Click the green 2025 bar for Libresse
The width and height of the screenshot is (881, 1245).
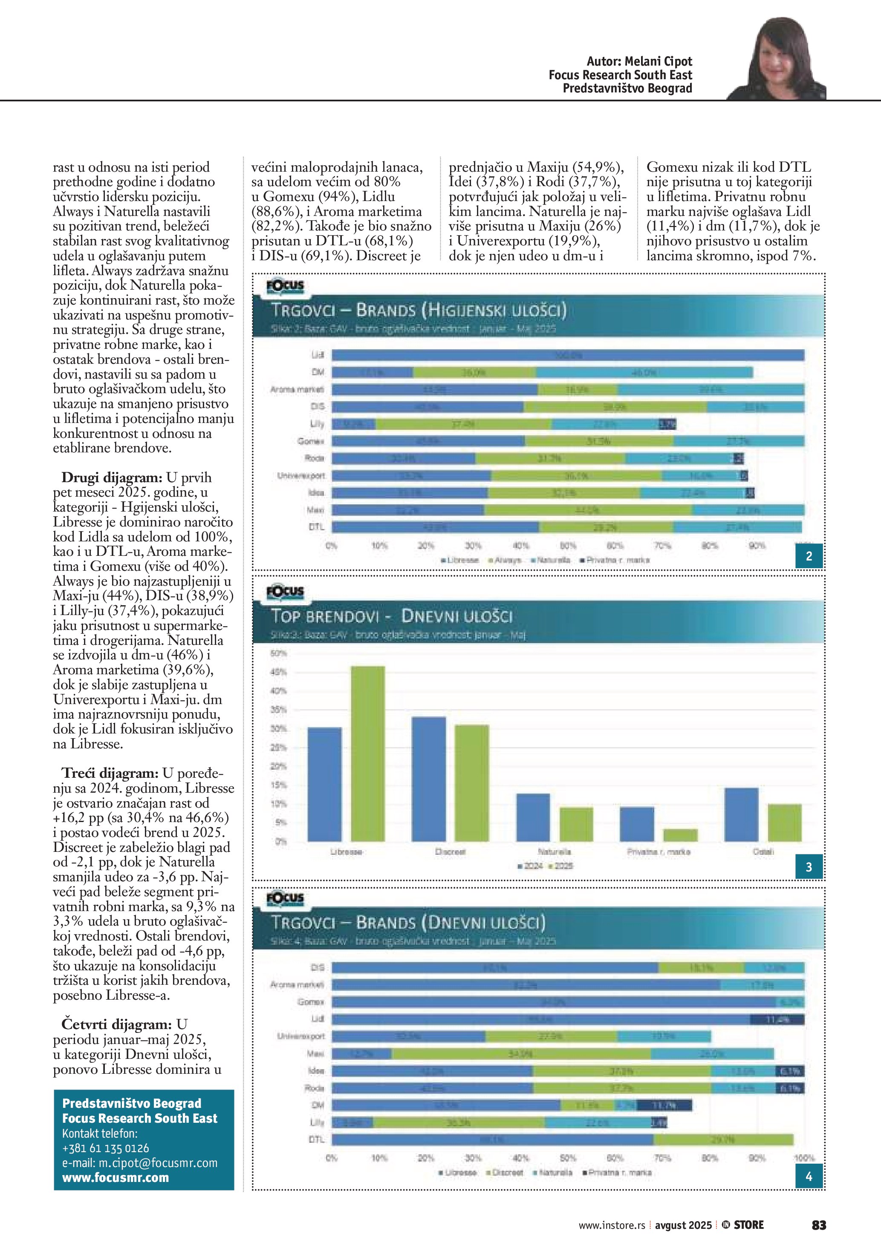click(368, 754)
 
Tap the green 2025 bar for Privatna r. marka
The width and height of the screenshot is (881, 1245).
click(680, 835)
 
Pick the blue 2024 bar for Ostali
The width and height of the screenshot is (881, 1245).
click(741, 814)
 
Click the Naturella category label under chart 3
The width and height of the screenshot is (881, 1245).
click(555, 852)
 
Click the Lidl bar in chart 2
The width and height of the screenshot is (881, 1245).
click(567, 355)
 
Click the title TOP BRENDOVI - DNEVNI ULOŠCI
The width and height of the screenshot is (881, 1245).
click(392, 616)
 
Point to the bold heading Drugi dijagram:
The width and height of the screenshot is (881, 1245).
click(112, 478)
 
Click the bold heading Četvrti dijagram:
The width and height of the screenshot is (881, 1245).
click(116, 1024)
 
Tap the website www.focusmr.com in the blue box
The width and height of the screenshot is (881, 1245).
click(116, 1178)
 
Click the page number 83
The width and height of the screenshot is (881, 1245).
click(819, 1225)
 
